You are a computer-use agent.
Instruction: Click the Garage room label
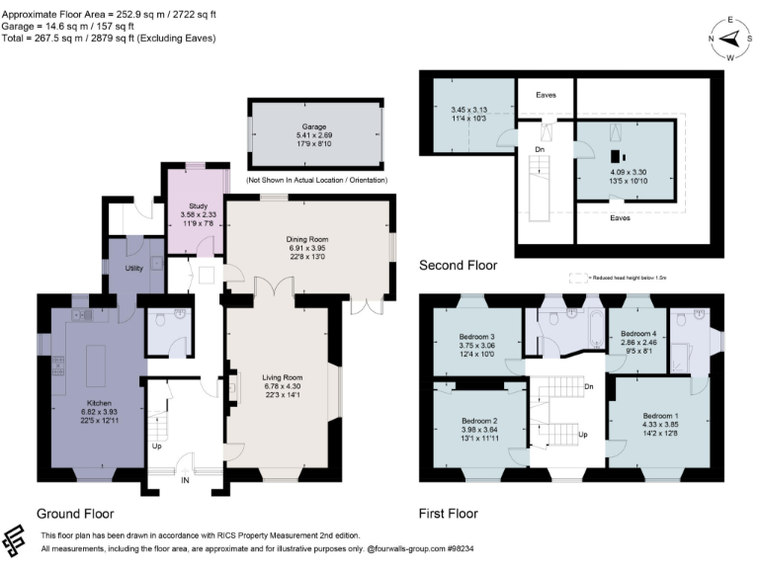(314, 128)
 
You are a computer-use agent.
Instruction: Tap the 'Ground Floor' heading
(75, 514)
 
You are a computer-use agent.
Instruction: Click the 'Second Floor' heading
(458, 265)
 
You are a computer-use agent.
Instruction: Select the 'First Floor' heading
(449, 514)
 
